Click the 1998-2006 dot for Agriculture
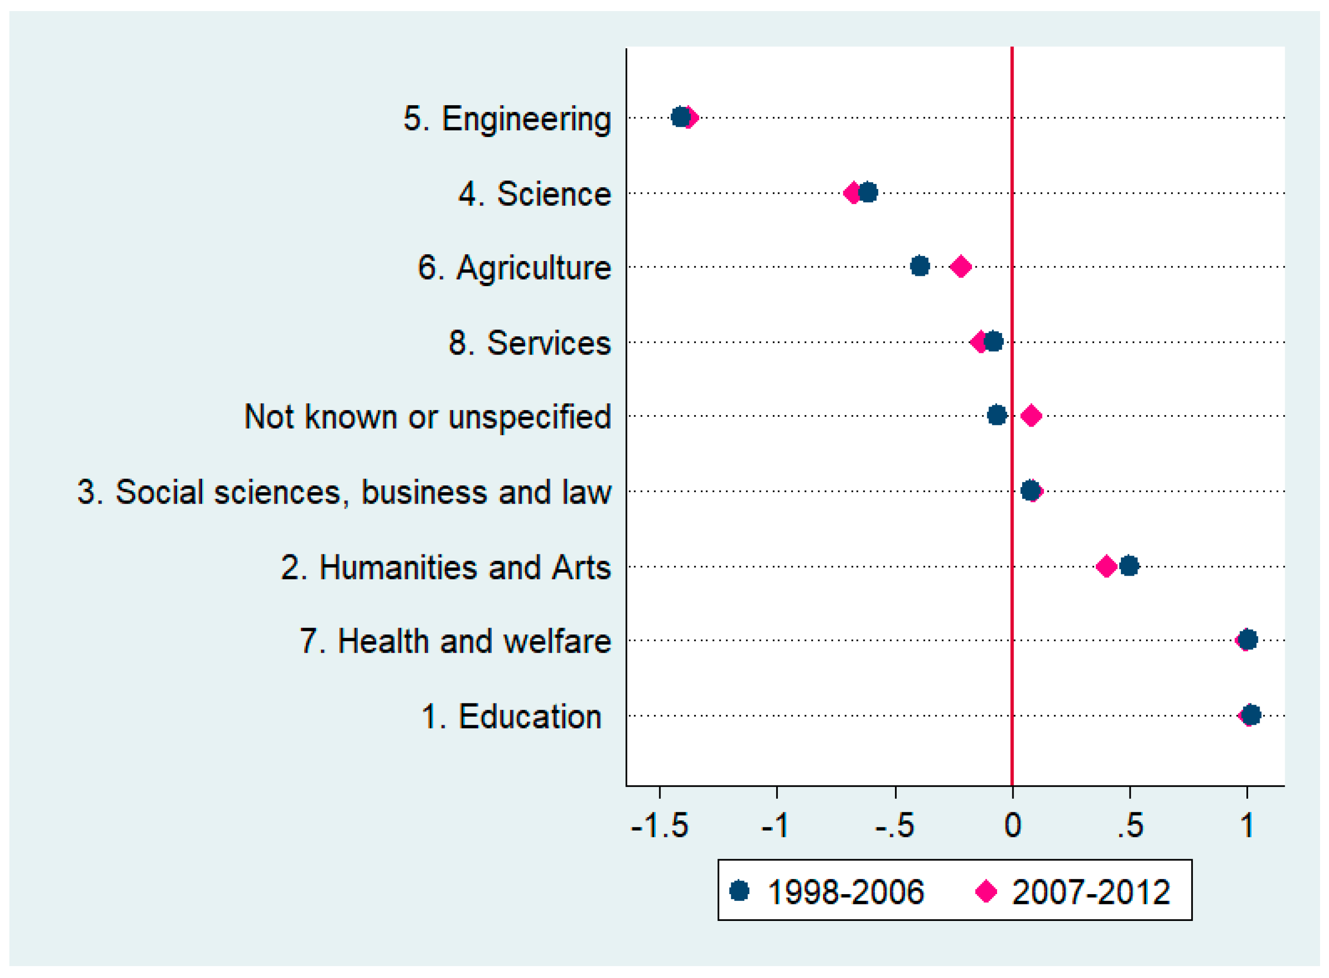[x=919, y=267]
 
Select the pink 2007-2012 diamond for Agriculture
[x=960, y=267]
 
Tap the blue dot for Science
[x=868, y=192]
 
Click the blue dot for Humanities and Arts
[x=1129, y=565]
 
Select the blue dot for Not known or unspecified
[x=997, y=415]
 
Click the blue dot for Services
[x=994, y=341]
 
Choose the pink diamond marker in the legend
[x=986, y=891]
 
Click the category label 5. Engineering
[x=507, y=118]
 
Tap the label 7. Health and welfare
[x=455, y=641]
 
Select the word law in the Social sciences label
[x=586, y=492]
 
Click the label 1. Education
[x=511, y=716]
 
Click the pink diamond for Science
[x=852, y=193]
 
